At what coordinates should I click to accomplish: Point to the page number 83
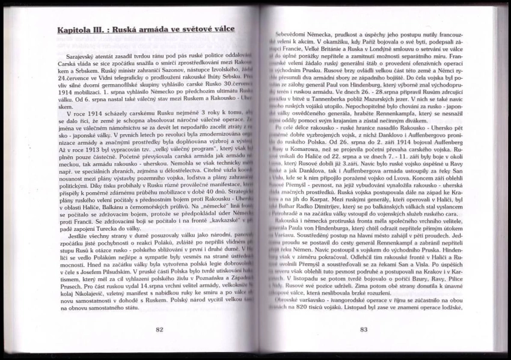[x=364, y=329]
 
